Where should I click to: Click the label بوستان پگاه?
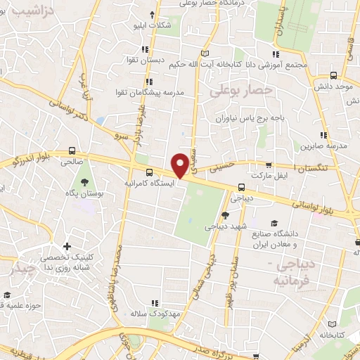pyautogui.click(x=89, y=192)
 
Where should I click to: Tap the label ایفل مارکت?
pyautogui.click(x=273, y=172)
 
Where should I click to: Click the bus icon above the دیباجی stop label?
pyautogui.click(x=241, y=187)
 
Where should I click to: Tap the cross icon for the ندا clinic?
pyautogui.click(x=67, y=246)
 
